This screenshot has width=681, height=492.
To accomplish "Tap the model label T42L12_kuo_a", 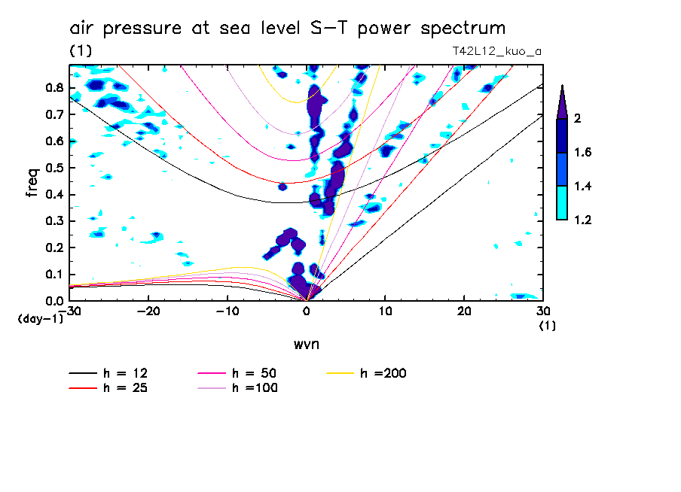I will click(x=493, y=51).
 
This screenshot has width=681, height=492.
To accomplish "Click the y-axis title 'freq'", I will click(x=32, y=182).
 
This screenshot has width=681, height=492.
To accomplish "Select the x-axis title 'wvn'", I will click(x=306, y=345).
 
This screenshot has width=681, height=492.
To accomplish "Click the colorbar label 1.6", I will click(x=584, y=153).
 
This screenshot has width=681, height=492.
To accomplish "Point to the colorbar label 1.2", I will click(x=584, y=220).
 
